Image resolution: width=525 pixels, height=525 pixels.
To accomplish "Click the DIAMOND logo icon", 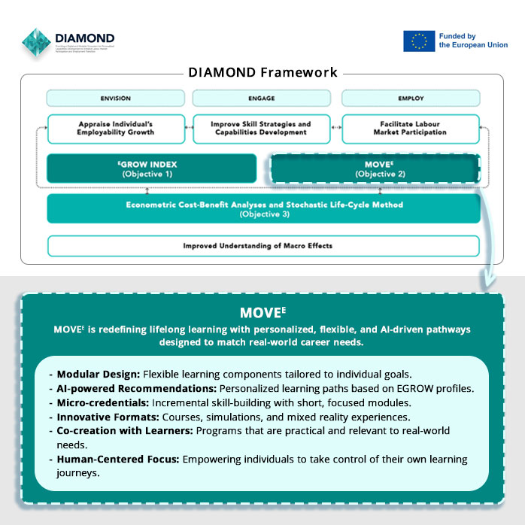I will click(x=37, y=42).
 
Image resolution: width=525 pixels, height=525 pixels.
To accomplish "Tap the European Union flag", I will click(x=419, y=41).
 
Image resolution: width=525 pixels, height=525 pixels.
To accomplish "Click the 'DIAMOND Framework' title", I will click(x=262, y=73).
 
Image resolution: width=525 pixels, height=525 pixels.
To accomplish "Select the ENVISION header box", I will click(x=116, y=99).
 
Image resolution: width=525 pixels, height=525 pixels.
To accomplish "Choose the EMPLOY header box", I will click(x=411, y=99).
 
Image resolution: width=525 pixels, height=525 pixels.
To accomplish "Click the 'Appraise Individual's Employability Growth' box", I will click(x=116, y=128).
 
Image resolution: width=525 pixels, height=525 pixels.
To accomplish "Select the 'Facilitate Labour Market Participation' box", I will click(x=411, y=128).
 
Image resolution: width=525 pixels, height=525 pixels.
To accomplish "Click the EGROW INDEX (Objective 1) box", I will click(x=147, y=168).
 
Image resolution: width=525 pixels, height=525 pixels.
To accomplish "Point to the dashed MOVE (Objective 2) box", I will click(x=375, y=168).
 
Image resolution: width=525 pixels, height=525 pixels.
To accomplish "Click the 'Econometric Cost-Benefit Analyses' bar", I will click(x=263, y=208).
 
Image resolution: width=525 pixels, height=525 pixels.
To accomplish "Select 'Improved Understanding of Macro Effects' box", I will click(x=263, y=246).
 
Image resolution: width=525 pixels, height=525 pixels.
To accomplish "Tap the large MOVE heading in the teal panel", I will click(x=262, y=312).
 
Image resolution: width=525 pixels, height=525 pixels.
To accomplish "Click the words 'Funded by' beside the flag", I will click(x=458, y=35).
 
